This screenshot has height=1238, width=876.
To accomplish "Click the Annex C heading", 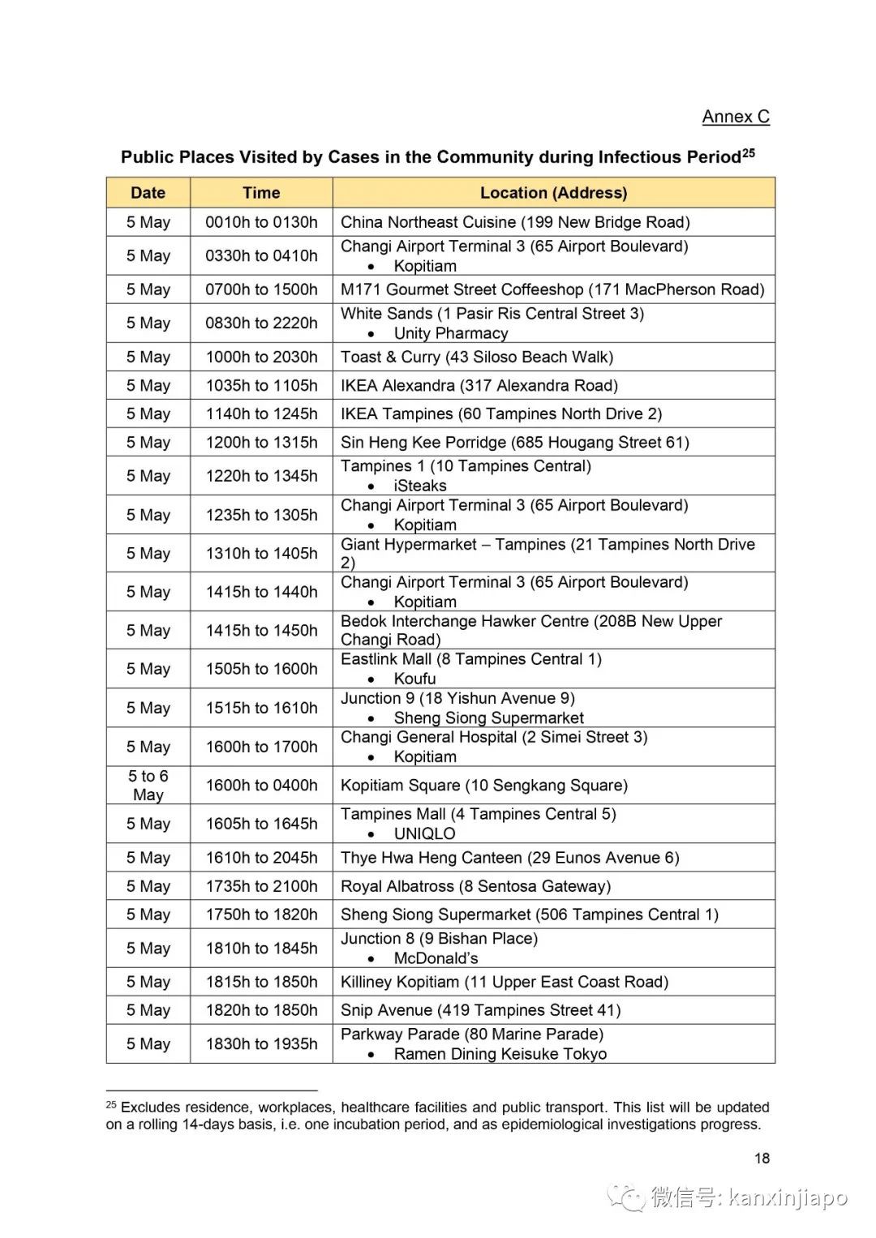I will pos(735,117).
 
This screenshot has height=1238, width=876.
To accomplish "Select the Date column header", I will pos(148,193).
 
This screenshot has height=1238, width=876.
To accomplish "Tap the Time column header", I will pos(261,193).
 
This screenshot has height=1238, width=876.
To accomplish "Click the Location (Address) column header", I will pos(553,193).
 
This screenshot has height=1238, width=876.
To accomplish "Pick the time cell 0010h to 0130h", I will pos(261,222).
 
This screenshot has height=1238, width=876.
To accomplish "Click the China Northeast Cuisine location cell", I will pos(515,222).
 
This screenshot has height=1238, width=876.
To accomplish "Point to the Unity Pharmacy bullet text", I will pos(451,333).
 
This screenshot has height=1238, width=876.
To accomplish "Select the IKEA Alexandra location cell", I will pos(479,385).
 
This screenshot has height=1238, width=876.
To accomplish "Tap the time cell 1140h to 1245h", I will pos(261,413).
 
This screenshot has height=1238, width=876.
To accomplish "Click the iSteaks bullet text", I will pos(420,486).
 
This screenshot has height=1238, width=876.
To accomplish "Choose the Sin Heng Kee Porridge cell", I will pos(515,442).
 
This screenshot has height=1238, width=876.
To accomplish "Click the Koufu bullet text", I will pos(414,679).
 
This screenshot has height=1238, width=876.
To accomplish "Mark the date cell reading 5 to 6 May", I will pos(148,785).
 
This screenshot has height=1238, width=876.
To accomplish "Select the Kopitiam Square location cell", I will pos(484,785).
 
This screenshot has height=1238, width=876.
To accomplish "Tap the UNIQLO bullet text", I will pos(424,833).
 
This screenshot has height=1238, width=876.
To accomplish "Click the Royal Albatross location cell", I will pos(475,886).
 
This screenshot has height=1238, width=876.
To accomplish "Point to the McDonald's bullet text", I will pos(436,958).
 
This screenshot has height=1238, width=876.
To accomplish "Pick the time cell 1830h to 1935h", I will pos(261,1043).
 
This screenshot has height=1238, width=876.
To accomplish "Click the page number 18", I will pos(762,1158).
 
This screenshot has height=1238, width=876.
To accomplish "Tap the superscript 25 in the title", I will pos(748,152).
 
